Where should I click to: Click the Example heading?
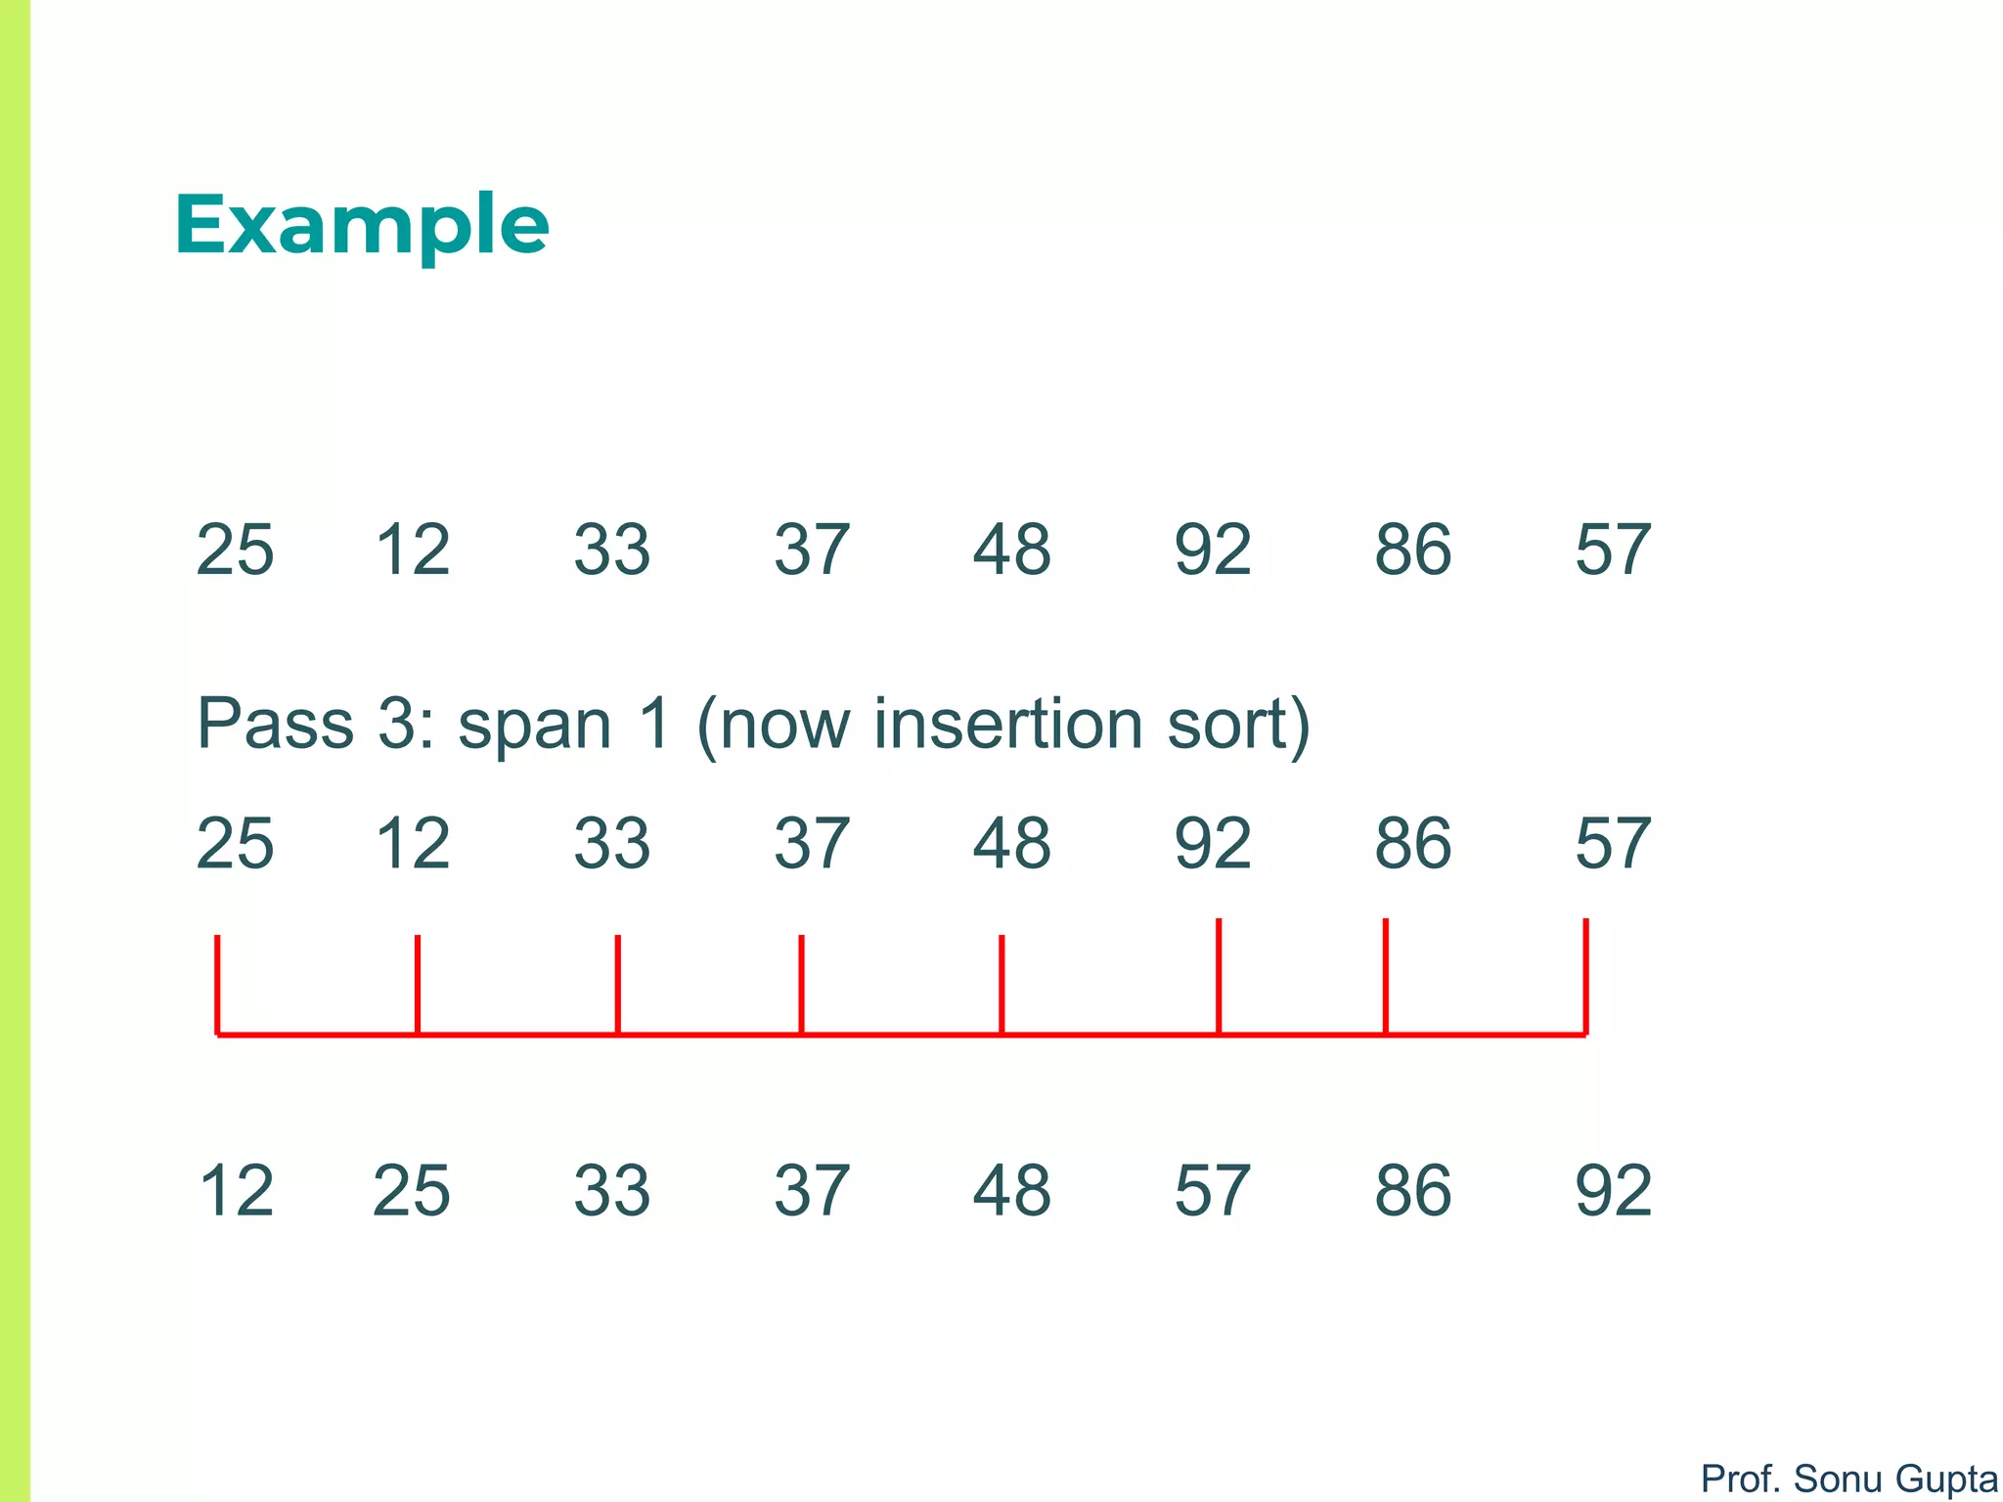tap(362, 226)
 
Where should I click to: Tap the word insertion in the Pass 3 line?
tap(1008, 725)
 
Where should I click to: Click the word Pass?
tap(275, 725)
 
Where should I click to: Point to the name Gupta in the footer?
tap(1945, 1479)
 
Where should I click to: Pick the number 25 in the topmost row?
tap(235, 550)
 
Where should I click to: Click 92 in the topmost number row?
tap(1213, 550)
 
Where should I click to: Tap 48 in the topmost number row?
tap(1012, 550)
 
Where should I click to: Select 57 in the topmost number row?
tap(1613, 550)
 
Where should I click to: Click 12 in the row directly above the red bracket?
tap(413, 843)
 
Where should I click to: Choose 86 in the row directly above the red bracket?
tap(1413, 843)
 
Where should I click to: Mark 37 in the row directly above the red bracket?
tap(812, 843)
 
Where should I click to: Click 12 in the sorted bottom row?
tap(236, 1191)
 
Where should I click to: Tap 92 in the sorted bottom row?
tap(1613, 1191)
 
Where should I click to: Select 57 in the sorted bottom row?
tap(1213, 1191)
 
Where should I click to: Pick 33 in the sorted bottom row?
tap(612, 1191)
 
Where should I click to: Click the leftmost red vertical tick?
tap(217, 983)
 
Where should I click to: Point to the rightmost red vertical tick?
tap(1585, 975)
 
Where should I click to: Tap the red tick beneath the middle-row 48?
tap(1001, 983)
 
